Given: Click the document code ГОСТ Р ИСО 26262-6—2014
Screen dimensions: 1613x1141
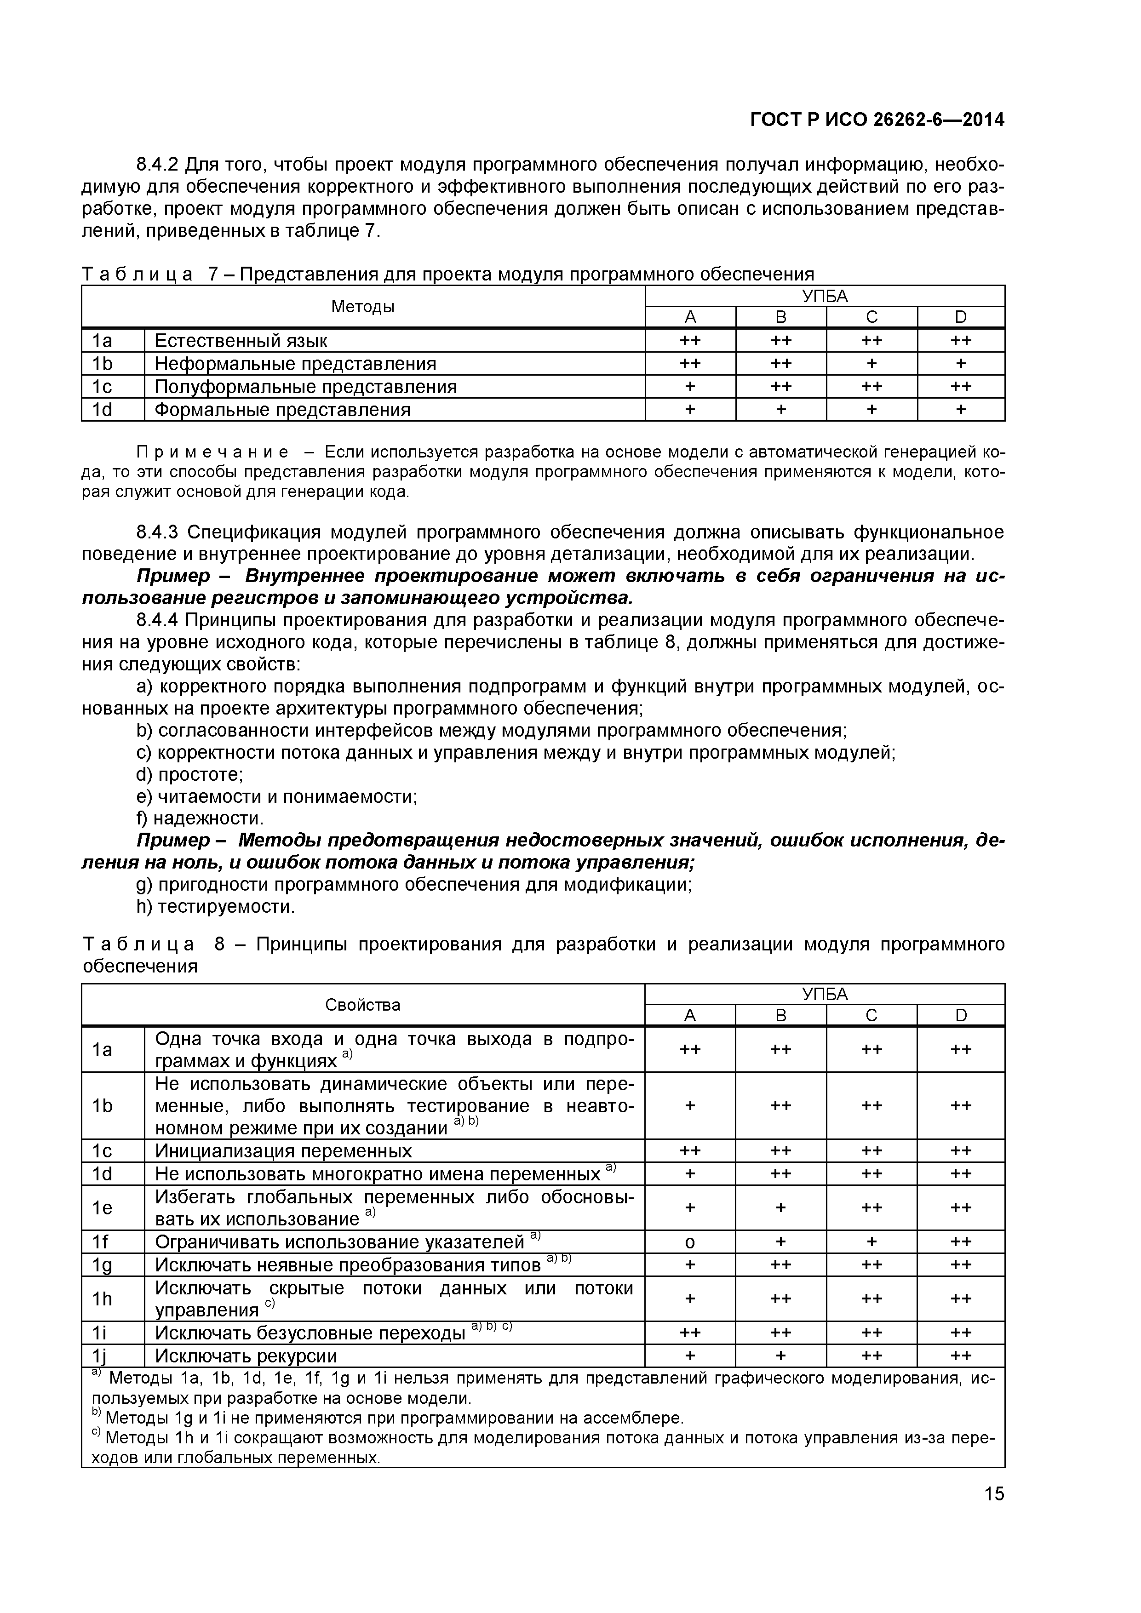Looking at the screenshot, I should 877,120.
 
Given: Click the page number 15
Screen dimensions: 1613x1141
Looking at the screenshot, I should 993,1513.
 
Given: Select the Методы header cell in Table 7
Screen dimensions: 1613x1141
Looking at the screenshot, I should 362,306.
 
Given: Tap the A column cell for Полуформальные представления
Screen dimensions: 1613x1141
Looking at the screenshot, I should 690,386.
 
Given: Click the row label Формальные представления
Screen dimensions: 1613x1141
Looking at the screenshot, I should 282,410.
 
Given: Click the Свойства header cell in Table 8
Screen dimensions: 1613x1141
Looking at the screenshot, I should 362,1005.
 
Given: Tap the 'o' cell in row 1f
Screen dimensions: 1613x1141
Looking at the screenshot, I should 690,1242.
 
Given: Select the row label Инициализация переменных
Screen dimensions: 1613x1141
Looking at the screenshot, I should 283,1151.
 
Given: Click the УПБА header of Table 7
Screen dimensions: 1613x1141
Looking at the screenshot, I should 825,296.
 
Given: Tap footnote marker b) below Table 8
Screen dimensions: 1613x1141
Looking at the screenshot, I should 97,1415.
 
